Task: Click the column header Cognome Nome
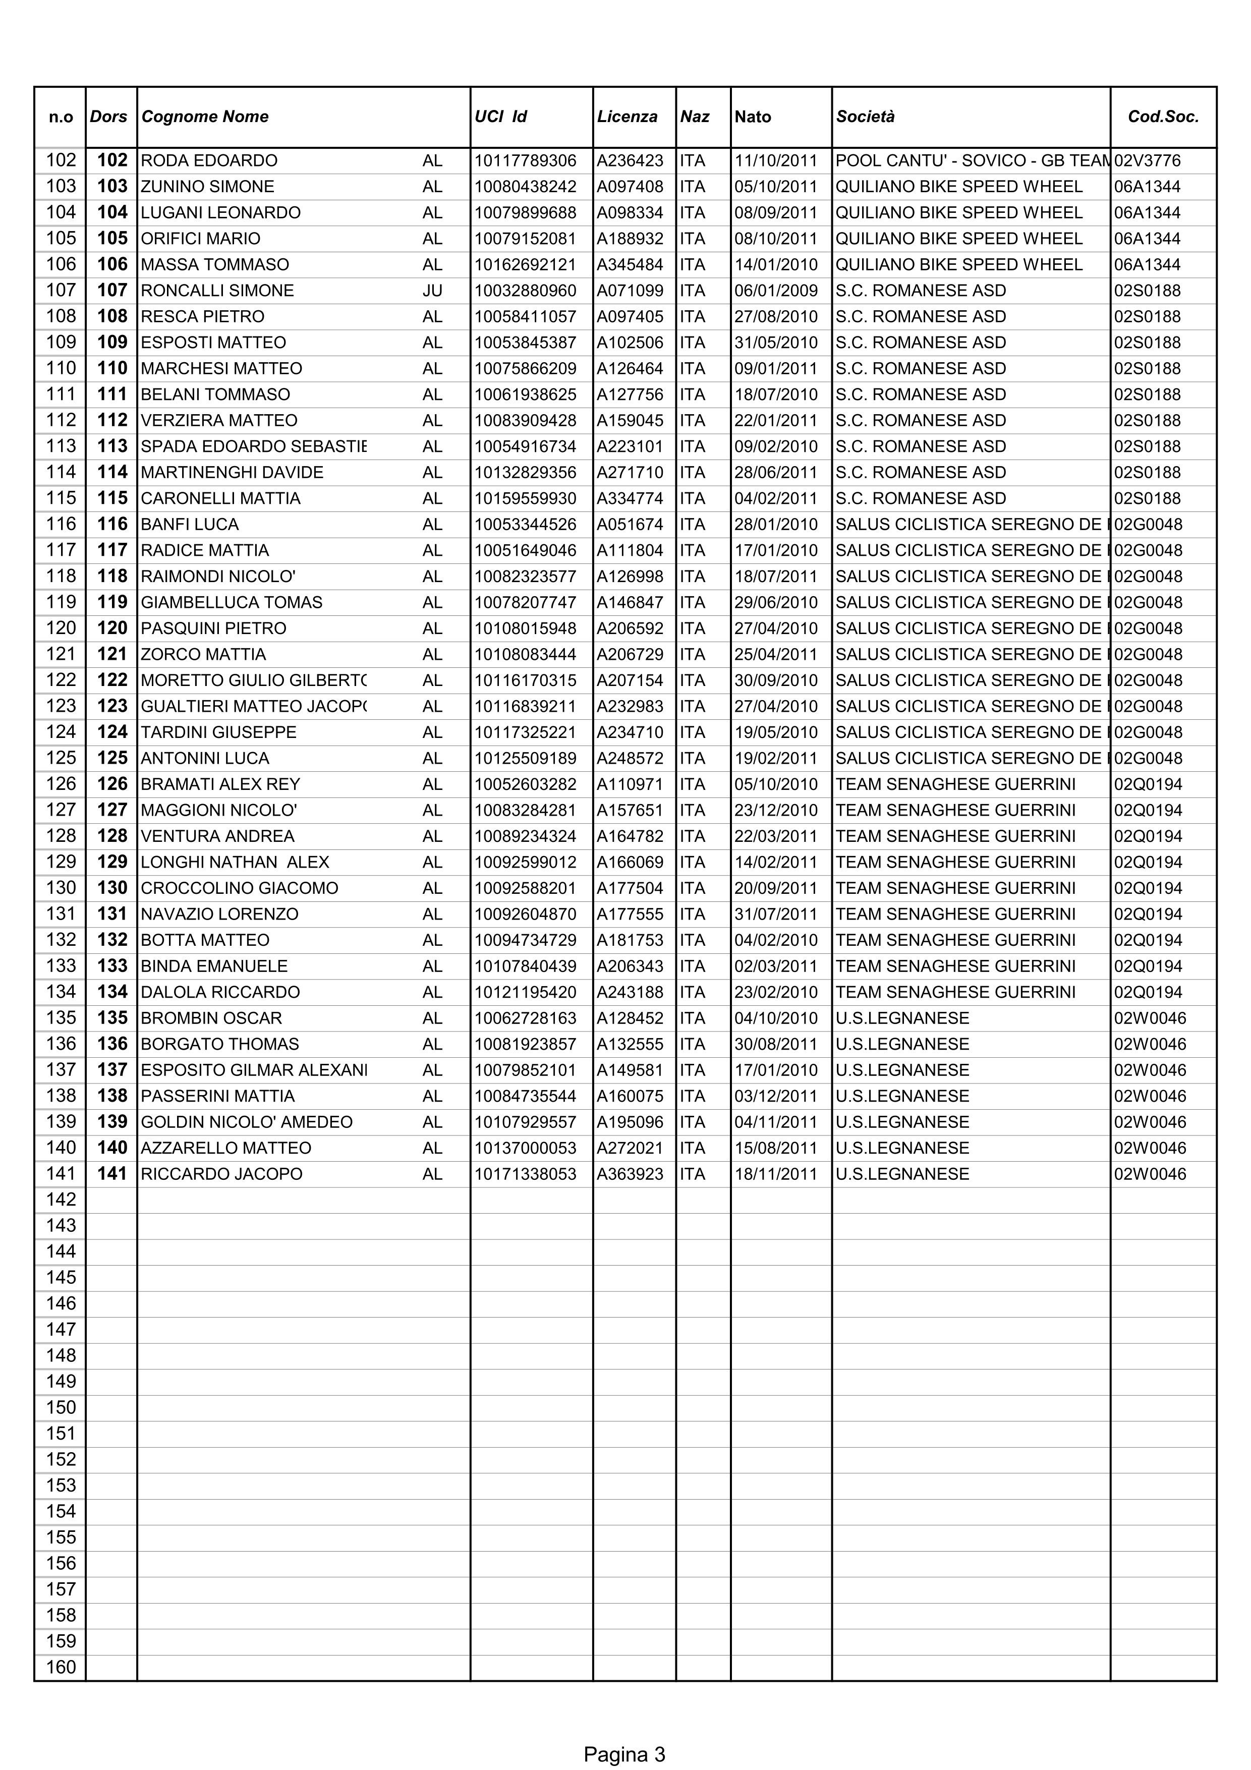[205, 117]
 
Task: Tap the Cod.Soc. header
[1163, 117]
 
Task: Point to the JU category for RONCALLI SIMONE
[432, 291]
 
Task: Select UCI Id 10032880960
[525, 291]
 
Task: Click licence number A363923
[630, 1174]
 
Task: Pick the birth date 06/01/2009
[775, 291]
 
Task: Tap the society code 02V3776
[1147, 160]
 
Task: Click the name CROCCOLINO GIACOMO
[240, 888]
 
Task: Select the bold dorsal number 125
[112, 758]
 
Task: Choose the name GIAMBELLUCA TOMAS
[231, 602]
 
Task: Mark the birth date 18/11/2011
[775, 1174]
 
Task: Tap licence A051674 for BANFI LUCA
[630, 524]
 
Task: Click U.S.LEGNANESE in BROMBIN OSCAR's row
[902, 1018]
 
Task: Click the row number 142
[61, 1200]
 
